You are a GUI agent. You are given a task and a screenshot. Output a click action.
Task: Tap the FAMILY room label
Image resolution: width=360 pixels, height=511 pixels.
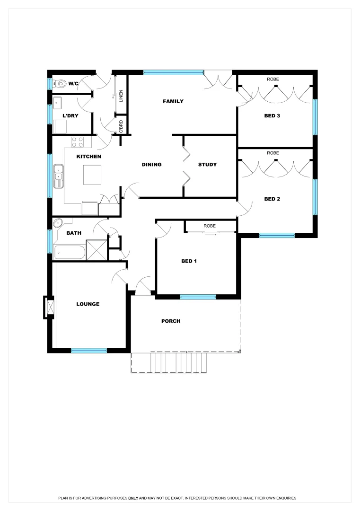pyautogui.click(x=173, y=101)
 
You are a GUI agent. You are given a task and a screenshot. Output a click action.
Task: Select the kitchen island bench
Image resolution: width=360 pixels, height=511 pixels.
pyautogui.click(x=93, y=175)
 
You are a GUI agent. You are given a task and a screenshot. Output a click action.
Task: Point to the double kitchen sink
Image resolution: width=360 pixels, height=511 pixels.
pyautogui.click(x=59, y=176)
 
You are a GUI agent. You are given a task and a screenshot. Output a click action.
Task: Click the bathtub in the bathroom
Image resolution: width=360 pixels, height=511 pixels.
pyautogui.click(x=69, y=252)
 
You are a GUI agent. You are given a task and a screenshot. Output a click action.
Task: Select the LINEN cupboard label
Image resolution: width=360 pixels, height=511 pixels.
pyautogui.click(x=122, y=96)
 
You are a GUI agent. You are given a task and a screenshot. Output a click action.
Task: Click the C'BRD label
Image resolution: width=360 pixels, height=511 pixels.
pyautogui.click(x=121, y=126)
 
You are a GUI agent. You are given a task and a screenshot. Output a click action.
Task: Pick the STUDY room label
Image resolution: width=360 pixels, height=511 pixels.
pyautogui.click(x=208, y=165)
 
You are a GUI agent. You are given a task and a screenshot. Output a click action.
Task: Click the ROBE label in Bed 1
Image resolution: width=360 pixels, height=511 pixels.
pyautogui.click(x=210, y=226)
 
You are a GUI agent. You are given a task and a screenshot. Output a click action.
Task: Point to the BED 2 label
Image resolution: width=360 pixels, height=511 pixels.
pyautogui.click(x=272, y=199)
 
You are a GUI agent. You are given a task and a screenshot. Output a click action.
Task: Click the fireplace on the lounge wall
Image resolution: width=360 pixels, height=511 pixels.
pyautogui.click(x=49, y=307)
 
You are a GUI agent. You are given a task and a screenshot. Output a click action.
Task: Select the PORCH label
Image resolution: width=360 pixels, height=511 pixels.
pyautogui.click(x=171, y=321)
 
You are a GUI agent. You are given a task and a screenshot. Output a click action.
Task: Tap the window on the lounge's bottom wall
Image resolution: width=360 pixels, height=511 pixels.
pyautogui.click(x=89, y=351)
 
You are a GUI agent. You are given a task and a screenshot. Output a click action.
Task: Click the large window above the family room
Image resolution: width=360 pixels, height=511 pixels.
pyautogui.click(x=173, y=72)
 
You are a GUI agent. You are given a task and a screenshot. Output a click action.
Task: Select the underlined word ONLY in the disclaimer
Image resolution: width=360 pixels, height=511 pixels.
pyautogui.click(x=133, y=498)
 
